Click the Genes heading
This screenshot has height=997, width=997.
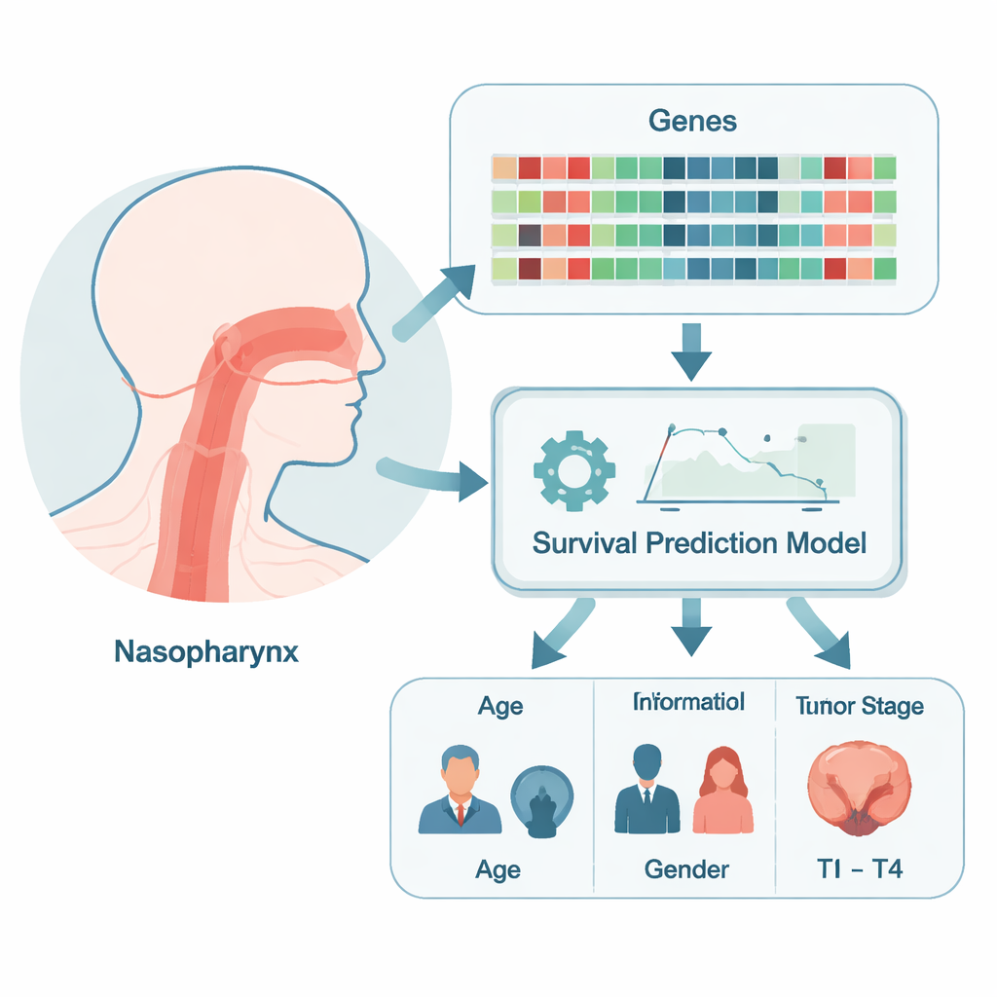pyautogui.click(x=692, y=122)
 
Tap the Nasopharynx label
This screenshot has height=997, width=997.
pyautogui.click(x=206, y=650)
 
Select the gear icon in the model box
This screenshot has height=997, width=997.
pyautogui.click(x=574, y=471)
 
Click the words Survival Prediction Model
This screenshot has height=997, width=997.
pyautogui.click(x=699, y=542)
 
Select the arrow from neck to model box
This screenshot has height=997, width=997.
pyautogui.click(x=433, y=476)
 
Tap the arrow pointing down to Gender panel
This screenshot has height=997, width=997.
pyautogui.click(x=690, y=629)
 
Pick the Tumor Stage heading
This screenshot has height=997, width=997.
pyautogui.click(x=859, y=706)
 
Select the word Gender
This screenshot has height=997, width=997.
pyautogui.click(x=686, y=868)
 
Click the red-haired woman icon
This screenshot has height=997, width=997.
pyautogui.click(x=722, y=791)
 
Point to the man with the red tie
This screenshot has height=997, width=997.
pyautogui.click(x=460, y=791)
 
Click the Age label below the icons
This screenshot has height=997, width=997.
pyautogui.click(x=498, y=868)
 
